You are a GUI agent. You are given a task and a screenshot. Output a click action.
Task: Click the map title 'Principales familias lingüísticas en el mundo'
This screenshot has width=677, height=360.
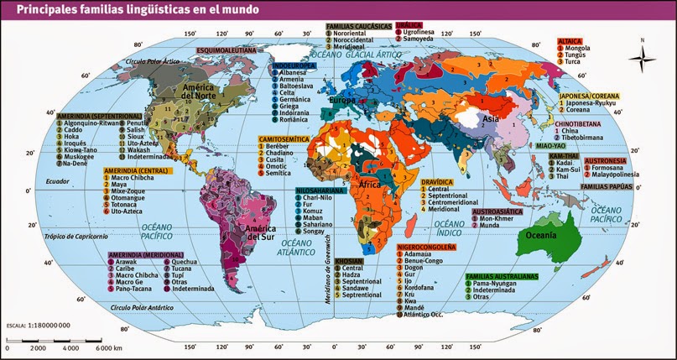tap(129, 9)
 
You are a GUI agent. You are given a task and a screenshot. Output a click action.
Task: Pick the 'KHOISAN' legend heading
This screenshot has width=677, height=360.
tap(347, 261)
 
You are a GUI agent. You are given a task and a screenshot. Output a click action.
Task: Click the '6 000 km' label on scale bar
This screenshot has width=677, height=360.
tap(108, 347)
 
